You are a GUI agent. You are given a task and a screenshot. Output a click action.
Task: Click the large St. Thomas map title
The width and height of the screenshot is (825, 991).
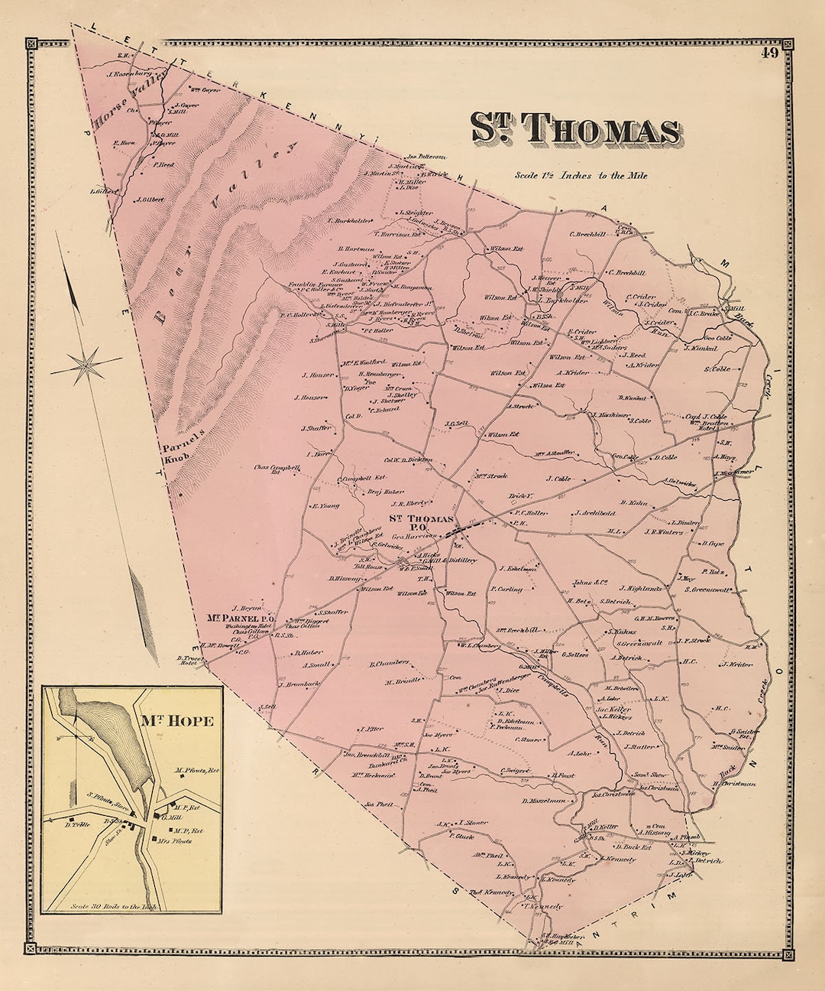[574, 129]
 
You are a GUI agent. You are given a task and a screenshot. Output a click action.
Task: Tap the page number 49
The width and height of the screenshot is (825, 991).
[768, 53]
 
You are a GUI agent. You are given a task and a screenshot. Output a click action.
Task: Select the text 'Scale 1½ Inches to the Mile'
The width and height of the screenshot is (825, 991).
[581, 175]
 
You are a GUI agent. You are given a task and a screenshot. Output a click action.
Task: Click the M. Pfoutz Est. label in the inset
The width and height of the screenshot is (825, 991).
[196, 771]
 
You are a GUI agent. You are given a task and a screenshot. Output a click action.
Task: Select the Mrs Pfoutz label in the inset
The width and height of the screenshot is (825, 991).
[192, 841]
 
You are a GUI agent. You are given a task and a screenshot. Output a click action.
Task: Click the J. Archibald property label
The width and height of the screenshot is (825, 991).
[595, 513]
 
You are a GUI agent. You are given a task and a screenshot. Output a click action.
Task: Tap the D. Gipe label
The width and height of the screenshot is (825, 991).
[711, 544]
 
